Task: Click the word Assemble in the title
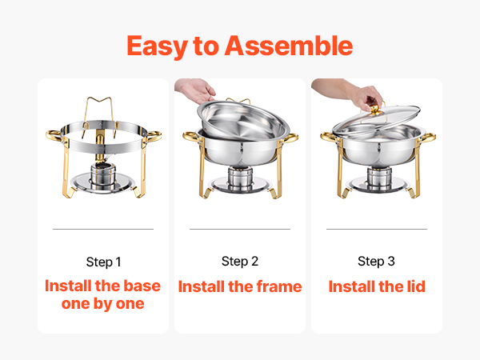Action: pyautogui.click(x=289, y=46)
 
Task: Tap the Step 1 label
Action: pyautogui.click(x=103, y=262)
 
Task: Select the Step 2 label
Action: pyautogui.click(x=240, y=262)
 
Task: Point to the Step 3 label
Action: pyautogui.click(x=376, y=262)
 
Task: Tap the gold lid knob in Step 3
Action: pyautogui.click(x=374, y=109)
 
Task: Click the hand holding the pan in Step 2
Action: pyautogui.click(x=196, y=90)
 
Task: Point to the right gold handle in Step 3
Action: pyautogui.click(x=428, y=138)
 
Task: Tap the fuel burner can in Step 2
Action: pyautogui.click(x=241, y=179)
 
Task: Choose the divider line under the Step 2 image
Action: pyautogui.click(x=240, y=229)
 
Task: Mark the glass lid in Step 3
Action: pyautogui.click(x=376, y=121)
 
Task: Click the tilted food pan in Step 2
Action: pyautogui.click(x=244, y=120)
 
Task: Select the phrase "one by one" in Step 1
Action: pyautogui.click(x=103, y=304)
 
